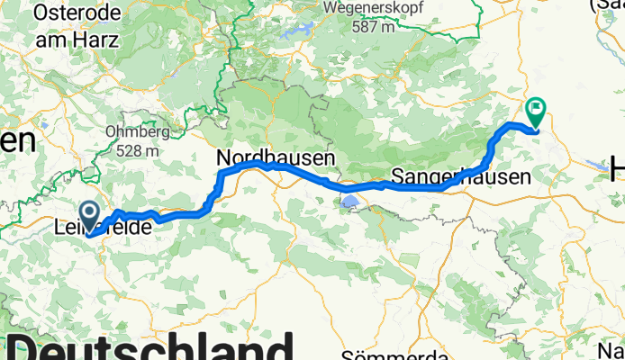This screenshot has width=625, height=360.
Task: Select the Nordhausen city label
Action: click(276, 157)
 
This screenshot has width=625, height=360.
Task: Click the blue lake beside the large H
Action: click(599, 166)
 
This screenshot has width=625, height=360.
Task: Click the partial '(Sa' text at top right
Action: click(607, 5)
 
